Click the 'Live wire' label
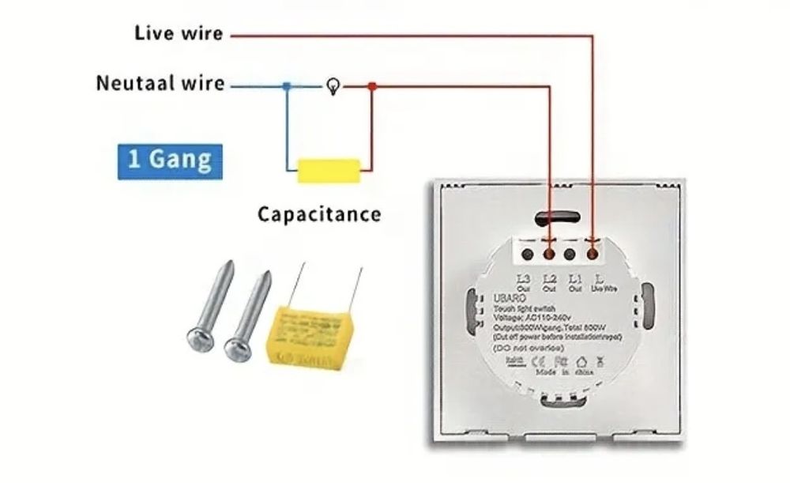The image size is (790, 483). click(x=179, y=33)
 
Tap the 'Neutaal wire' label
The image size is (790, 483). click(x=160, y=83)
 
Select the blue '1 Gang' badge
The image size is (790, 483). click(x=170, y=160)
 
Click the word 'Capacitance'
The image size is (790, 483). click(x=319, y=213)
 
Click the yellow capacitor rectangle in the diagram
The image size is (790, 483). click(x=329, y=169)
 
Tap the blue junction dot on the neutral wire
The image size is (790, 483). click(x=287, y=85)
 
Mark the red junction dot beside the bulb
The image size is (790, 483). click(x=372, y=85)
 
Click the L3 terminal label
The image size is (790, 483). click(x=524, y=279)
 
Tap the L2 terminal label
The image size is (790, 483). click(x=550, y=279)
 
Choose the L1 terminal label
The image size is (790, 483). click(x=576, y=279)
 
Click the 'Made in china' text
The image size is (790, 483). click(x=564, y=371)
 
